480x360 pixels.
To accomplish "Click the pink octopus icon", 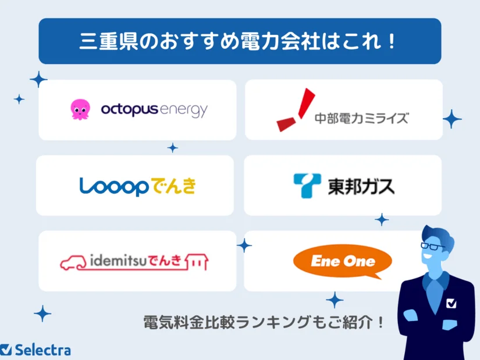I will click(80, 109).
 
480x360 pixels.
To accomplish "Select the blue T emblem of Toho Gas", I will click(307, 186).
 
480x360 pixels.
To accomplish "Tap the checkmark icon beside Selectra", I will click(6, 350).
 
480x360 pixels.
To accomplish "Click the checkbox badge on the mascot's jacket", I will click(451, 303).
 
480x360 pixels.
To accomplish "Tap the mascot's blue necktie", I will click(434, 291).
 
